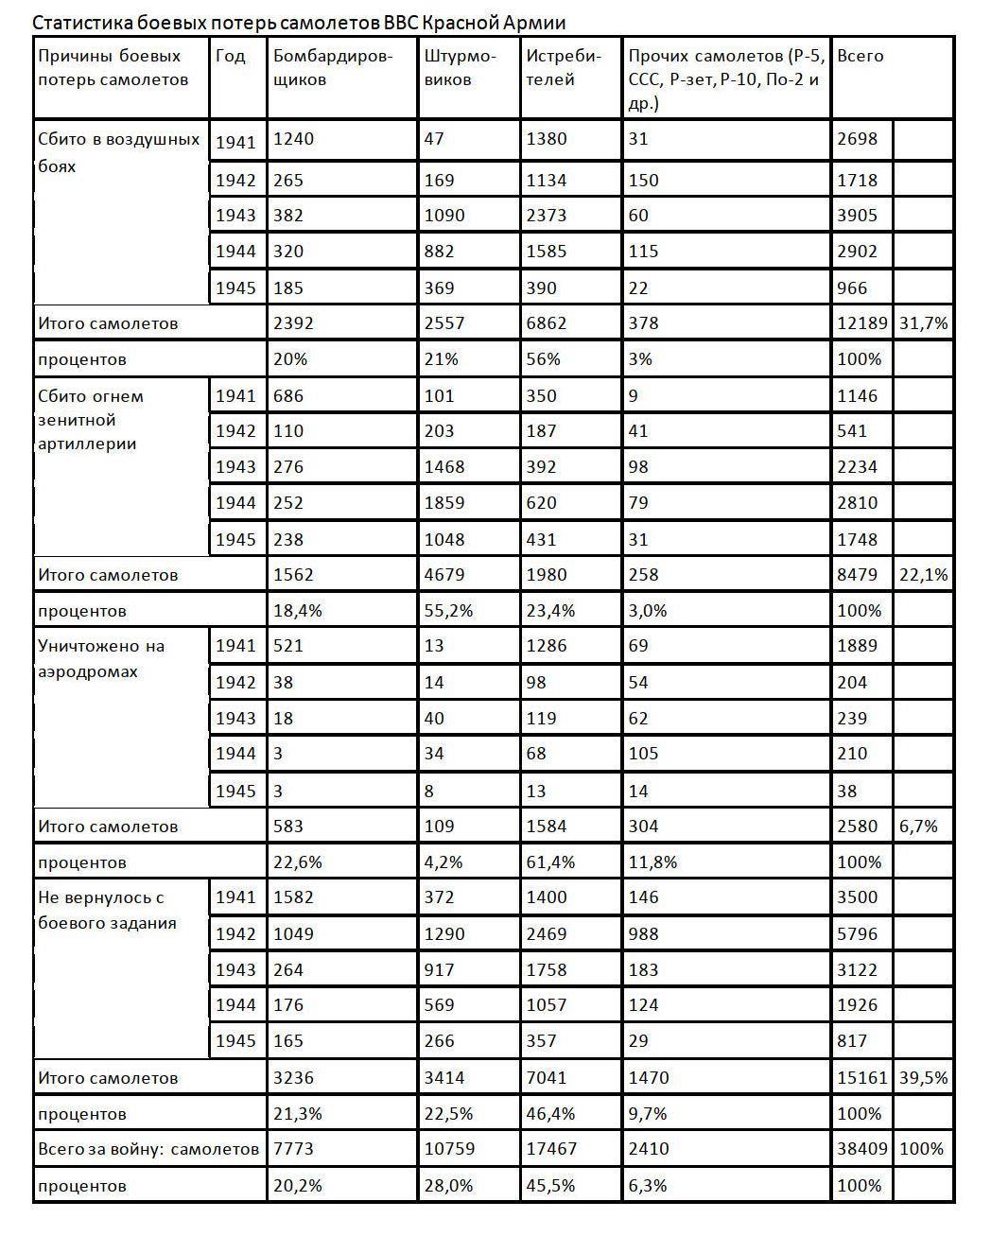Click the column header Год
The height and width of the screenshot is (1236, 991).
[x=231, y=57]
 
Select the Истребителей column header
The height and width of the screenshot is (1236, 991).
[x=564, y=68]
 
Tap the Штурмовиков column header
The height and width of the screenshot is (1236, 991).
[x=460, y=68]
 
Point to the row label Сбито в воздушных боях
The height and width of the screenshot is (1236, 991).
[x=118, y=152]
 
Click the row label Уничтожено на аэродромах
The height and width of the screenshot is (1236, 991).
[x=101, y=659]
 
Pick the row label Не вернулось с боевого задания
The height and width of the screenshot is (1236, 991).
[x=107, y=910]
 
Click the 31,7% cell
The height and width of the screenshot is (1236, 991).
[x=923, y=323]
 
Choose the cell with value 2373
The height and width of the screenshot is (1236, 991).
[x=547, y=216]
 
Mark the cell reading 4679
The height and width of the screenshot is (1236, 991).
[x=444, y=575]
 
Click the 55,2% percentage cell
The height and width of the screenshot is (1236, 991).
[x=448, y=611]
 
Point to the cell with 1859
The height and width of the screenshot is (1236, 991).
[x=444, y=503]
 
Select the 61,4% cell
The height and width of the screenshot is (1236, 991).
[x=550, y=862]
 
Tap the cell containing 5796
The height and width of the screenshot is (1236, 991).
[x=858, y=934]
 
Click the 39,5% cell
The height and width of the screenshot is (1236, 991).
[x=923, y=1078]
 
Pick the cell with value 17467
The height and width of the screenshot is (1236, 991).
[x=551, y=1149]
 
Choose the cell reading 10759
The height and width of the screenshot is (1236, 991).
[x=449, y=1149]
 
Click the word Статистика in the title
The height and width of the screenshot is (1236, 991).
[x=76, y=22]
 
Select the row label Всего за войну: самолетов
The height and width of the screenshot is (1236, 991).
[x=148, y=1149]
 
